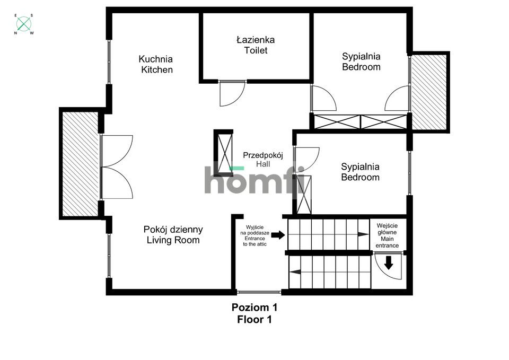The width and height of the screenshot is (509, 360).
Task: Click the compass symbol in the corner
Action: (23, 23)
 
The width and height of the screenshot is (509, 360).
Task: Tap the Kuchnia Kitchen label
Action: (156, 64)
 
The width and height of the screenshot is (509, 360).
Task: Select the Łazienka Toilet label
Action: (256, 45)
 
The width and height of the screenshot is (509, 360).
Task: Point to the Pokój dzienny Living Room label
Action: (173, 235)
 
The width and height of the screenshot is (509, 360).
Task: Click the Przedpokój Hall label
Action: (264, 160)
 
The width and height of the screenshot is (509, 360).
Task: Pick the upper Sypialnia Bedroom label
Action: (361, 62)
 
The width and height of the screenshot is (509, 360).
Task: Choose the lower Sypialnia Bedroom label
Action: (360, 172)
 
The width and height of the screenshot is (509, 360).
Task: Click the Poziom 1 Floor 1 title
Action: (254, 313)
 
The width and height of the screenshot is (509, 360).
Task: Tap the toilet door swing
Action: (232, 93)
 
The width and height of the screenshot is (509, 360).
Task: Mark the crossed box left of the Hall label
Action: (223, 153)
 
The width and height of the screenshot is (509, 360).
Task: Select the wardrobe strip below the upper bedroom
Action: (360, 121)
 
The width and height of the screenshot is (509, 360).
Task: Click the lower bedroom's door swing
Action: (306, 159)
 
